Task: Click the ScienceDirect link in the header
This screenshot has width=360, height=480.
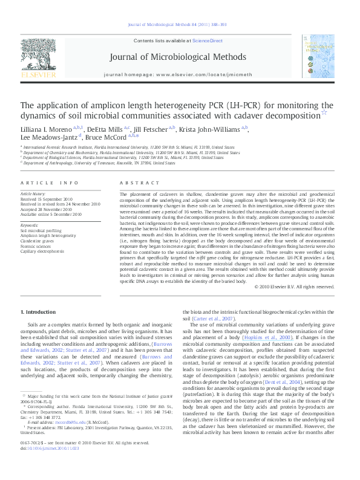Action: point(207,41)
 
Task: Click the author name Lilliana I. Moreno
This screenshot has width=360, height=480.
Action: point(47,129)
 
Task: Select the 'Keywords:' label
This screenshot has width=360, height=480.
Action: point(30,225)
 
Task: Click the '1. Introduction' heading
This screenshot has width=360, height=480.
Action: point(39,311)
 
